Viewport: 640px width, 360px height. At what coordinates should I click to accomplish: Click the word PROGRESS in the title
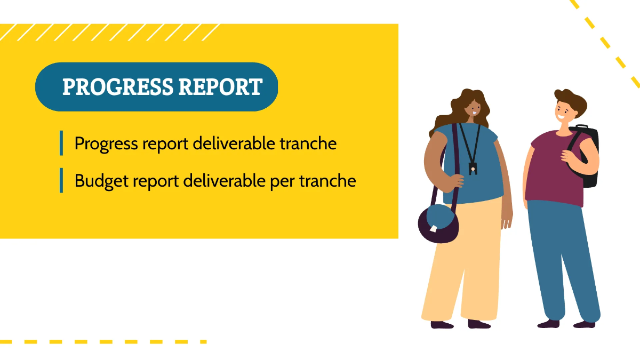(118, 86)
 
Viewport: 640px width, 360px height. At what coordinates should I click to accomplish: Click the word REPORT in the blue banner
(221, 86)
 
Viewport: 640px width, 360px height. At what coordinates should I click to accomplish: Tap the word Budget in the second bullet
(101, 181)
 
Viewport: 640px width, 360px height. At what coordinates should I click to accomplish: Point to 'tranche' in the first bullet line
(308, 143)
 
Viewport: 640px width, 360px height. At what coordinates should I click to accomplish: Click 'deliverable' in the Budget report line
(224, 181)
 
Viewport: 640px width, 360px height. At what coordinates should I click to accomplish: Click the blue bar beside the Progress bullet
(61, 143)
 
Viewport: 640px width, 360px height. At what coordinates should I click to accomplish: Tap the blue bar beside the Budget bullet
(61, 180)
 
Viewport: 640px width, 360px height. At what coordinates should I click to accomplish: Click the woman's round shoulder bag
(438, 223)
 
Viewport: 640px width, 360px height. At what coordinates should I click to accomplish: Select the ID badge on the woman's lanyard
(473, 169)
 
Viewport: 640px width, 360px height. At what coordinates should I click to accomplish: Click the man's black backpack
(586, 156)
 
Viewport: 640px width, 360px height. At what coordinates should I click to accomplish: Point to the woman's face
(474, 109)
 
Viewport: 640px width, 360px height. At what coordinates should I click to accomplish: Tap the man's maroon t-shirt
(556, 169)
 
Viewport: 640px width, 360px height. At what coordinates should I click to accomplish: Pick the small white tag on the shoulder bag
(434, 229)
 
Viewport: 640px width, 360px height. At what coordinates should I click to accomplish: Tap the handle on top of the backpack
(582, 126)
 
